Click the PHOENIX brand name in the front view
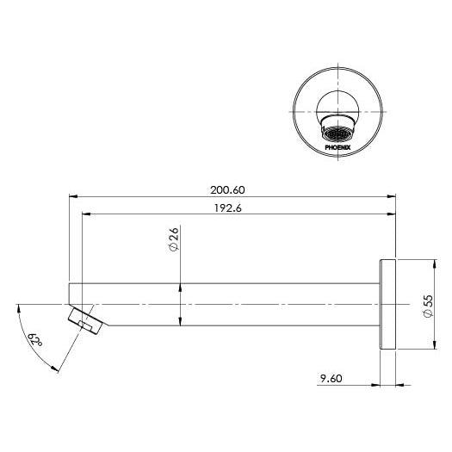pyautogui.click(x=337, y=147)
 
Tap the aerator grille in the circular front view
pyautogui.click(x=337, y=133)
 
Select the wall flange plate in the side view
pyautogui.click(x=385, y=304)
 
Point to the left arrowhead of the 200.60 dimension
pyautogui.click(x=72, y=196)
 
